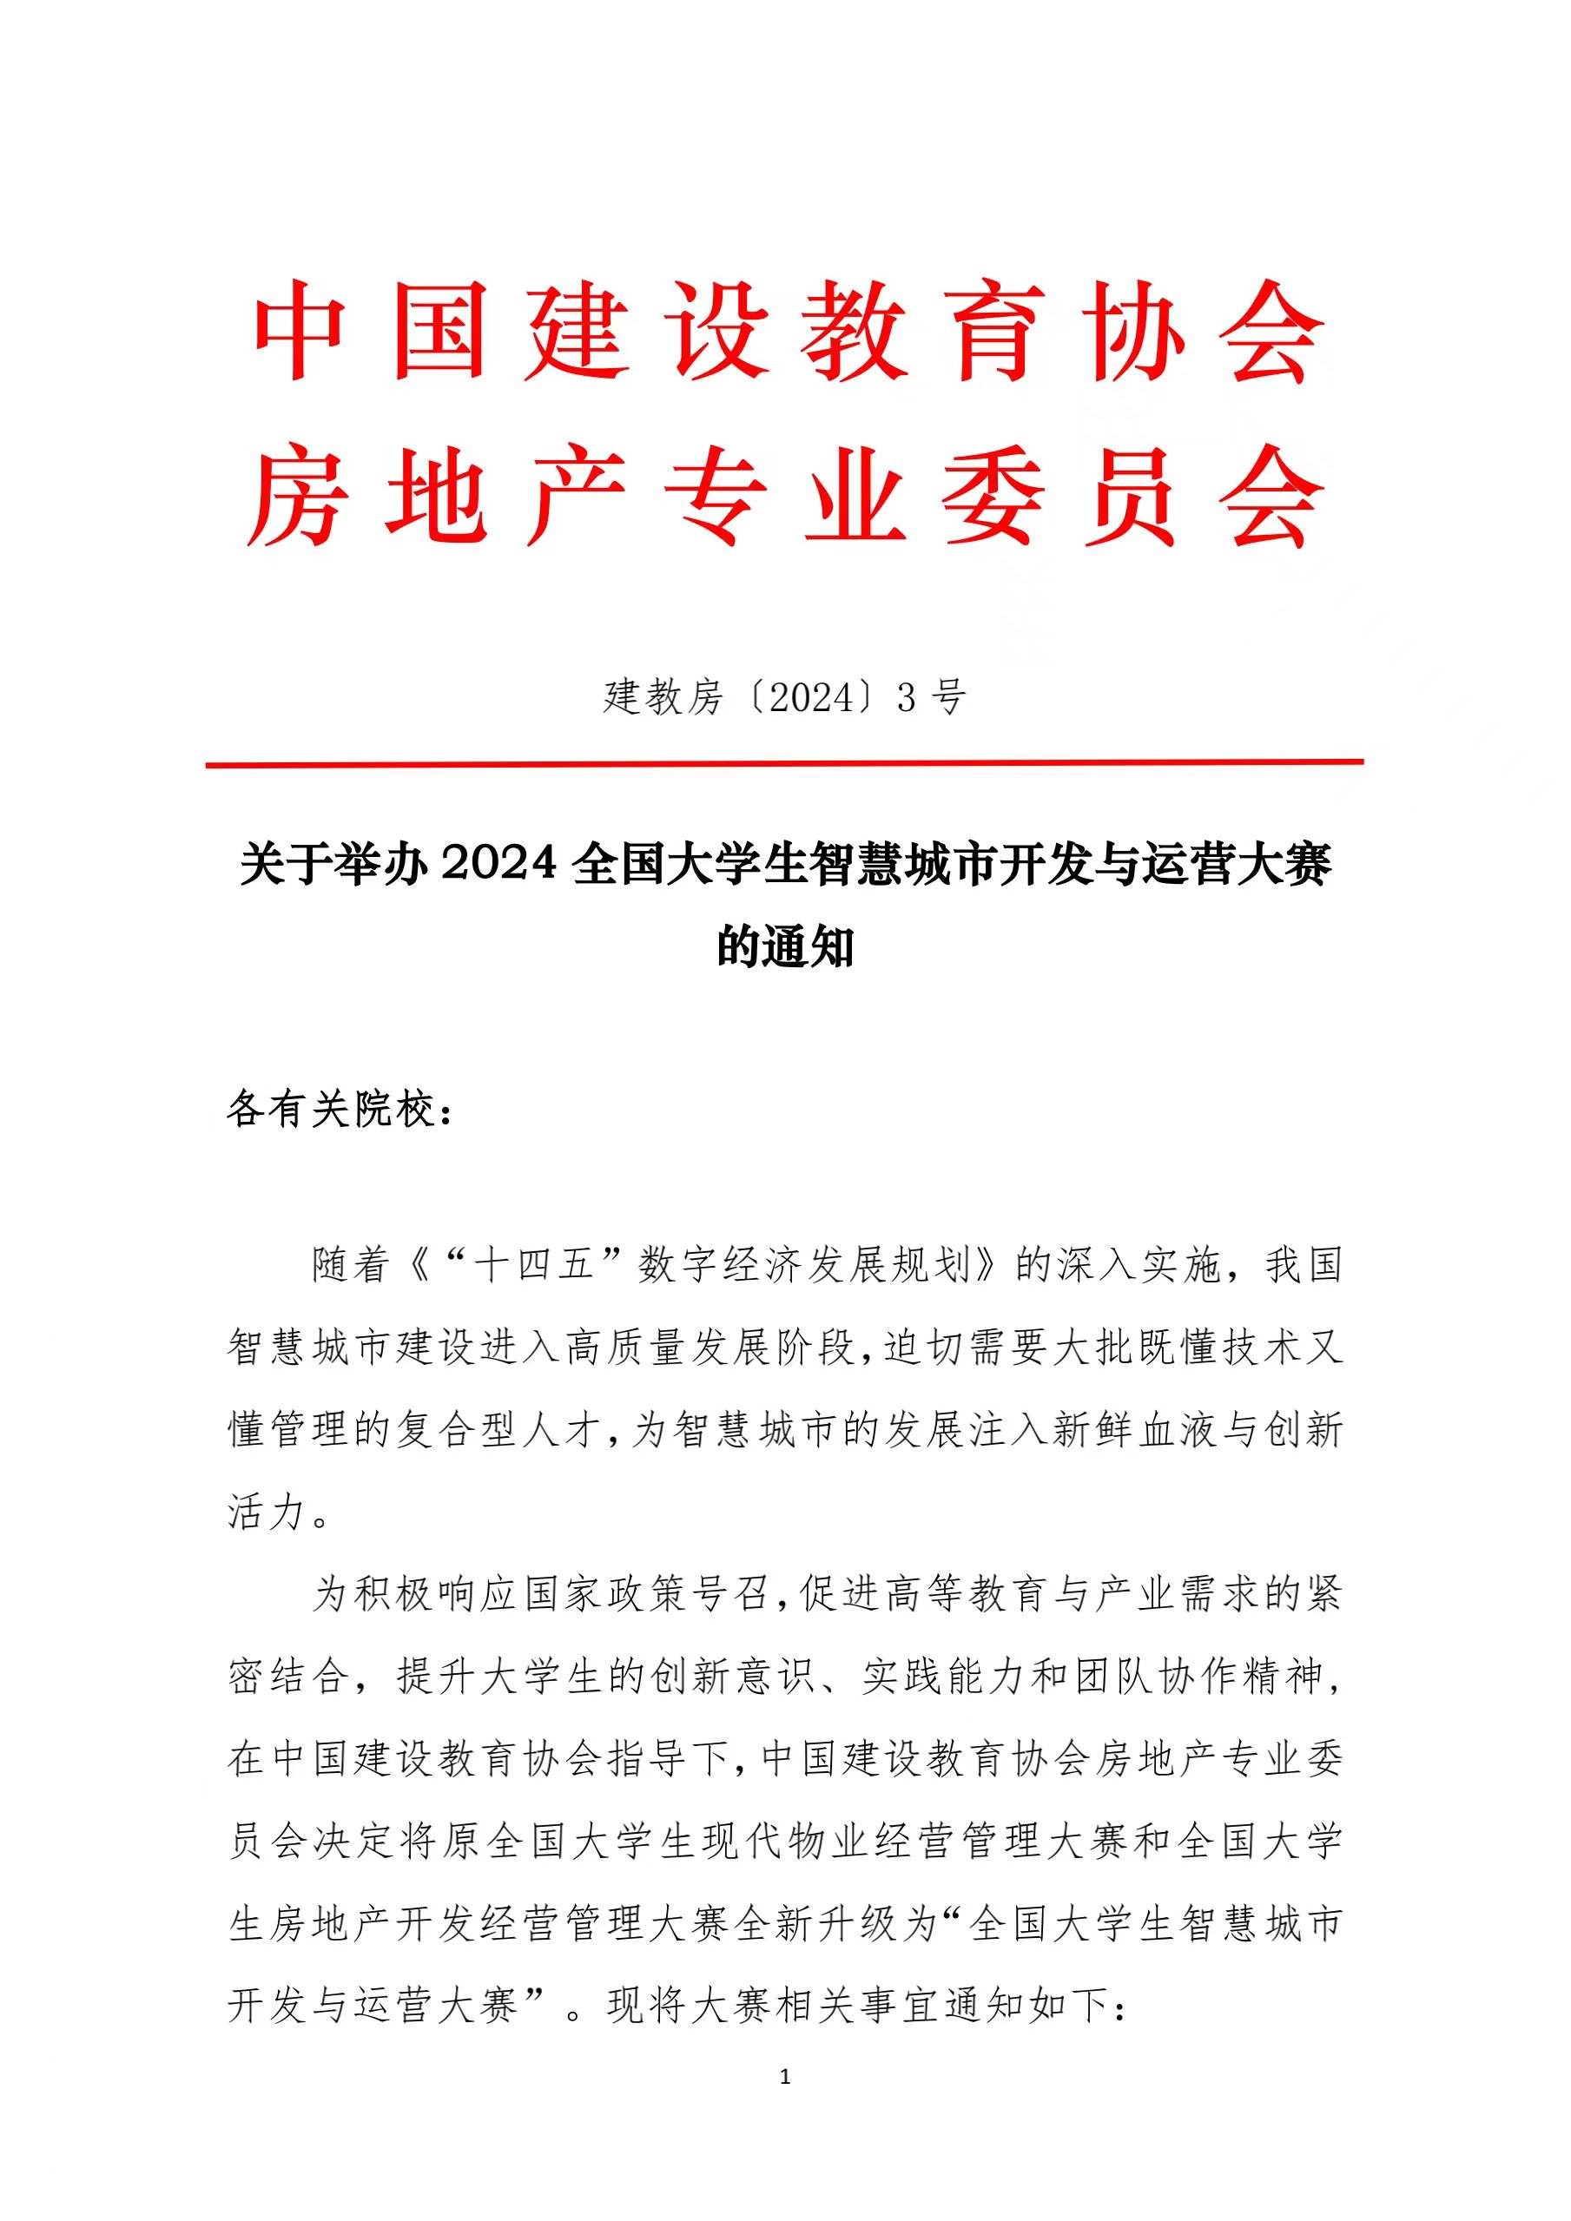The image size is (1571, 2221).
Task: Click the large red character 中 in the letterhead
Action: point(300,332)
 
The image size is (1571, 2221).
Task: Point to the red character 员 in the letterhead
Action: point(1130,498)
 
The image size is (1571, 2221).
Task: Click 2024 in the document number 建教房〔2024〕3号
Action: point(812,697)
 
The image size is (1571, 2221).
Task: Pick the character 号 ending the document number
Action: point(947,697)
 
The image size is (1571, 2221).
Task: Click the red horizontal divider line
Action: point(784,763)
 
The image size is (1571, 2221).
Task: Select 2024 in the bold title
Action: point(499,864)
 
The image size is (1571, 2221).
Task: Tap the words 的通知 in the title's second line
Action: point(784,946)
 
